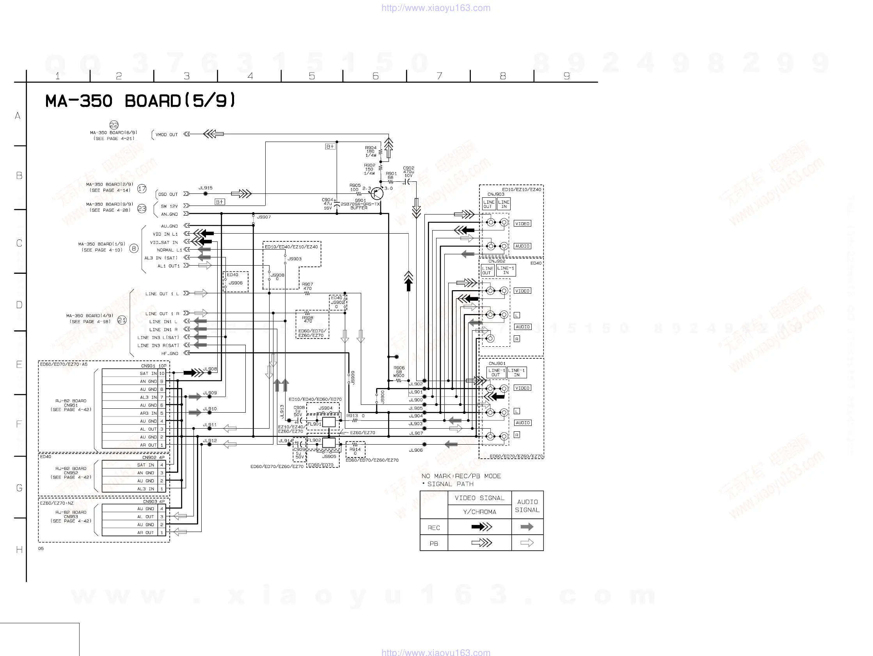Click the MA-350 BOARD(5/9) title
[x=140, y=101]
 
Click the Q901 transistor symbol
[x=377, y=194]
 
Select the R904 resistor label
[x=371, y=148]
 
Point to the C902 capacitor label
[x=408, y=168]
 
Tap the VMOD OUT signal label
[x=167, y=135]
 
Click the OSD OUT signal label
[x=168, y=194]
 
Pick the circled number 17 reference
[x=142, y=189]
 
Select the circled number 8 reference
[x=134, y=248]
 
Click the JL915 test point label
[x=205, y=188]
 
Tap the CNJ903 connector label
[x=496, y=194]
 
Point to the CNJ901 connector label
[x=497, y=363]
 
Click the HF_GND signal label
[x=170, y=354]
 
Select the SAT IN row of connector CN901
[x=148, y=373]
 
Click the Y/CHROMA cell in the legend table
[x=479, y=512]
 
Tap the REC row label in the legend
[x=434, y=528]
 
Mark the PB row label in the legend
[x=434, y=544]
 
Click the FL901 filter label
[x=314, y=424]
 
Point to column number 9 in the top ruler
[x=566, y=76]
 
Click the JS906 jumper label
[x=236, y=283]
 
